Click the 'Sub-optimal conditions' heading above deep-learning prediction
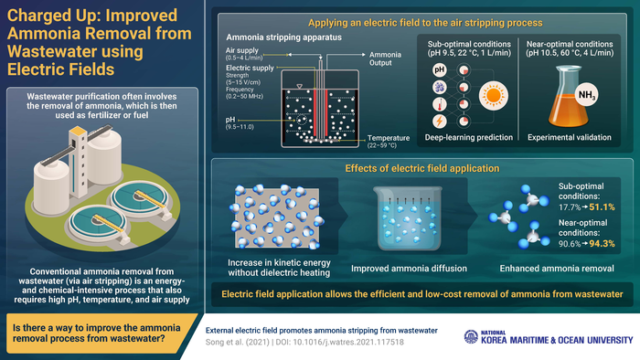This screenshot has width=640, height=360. [463, 44]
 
